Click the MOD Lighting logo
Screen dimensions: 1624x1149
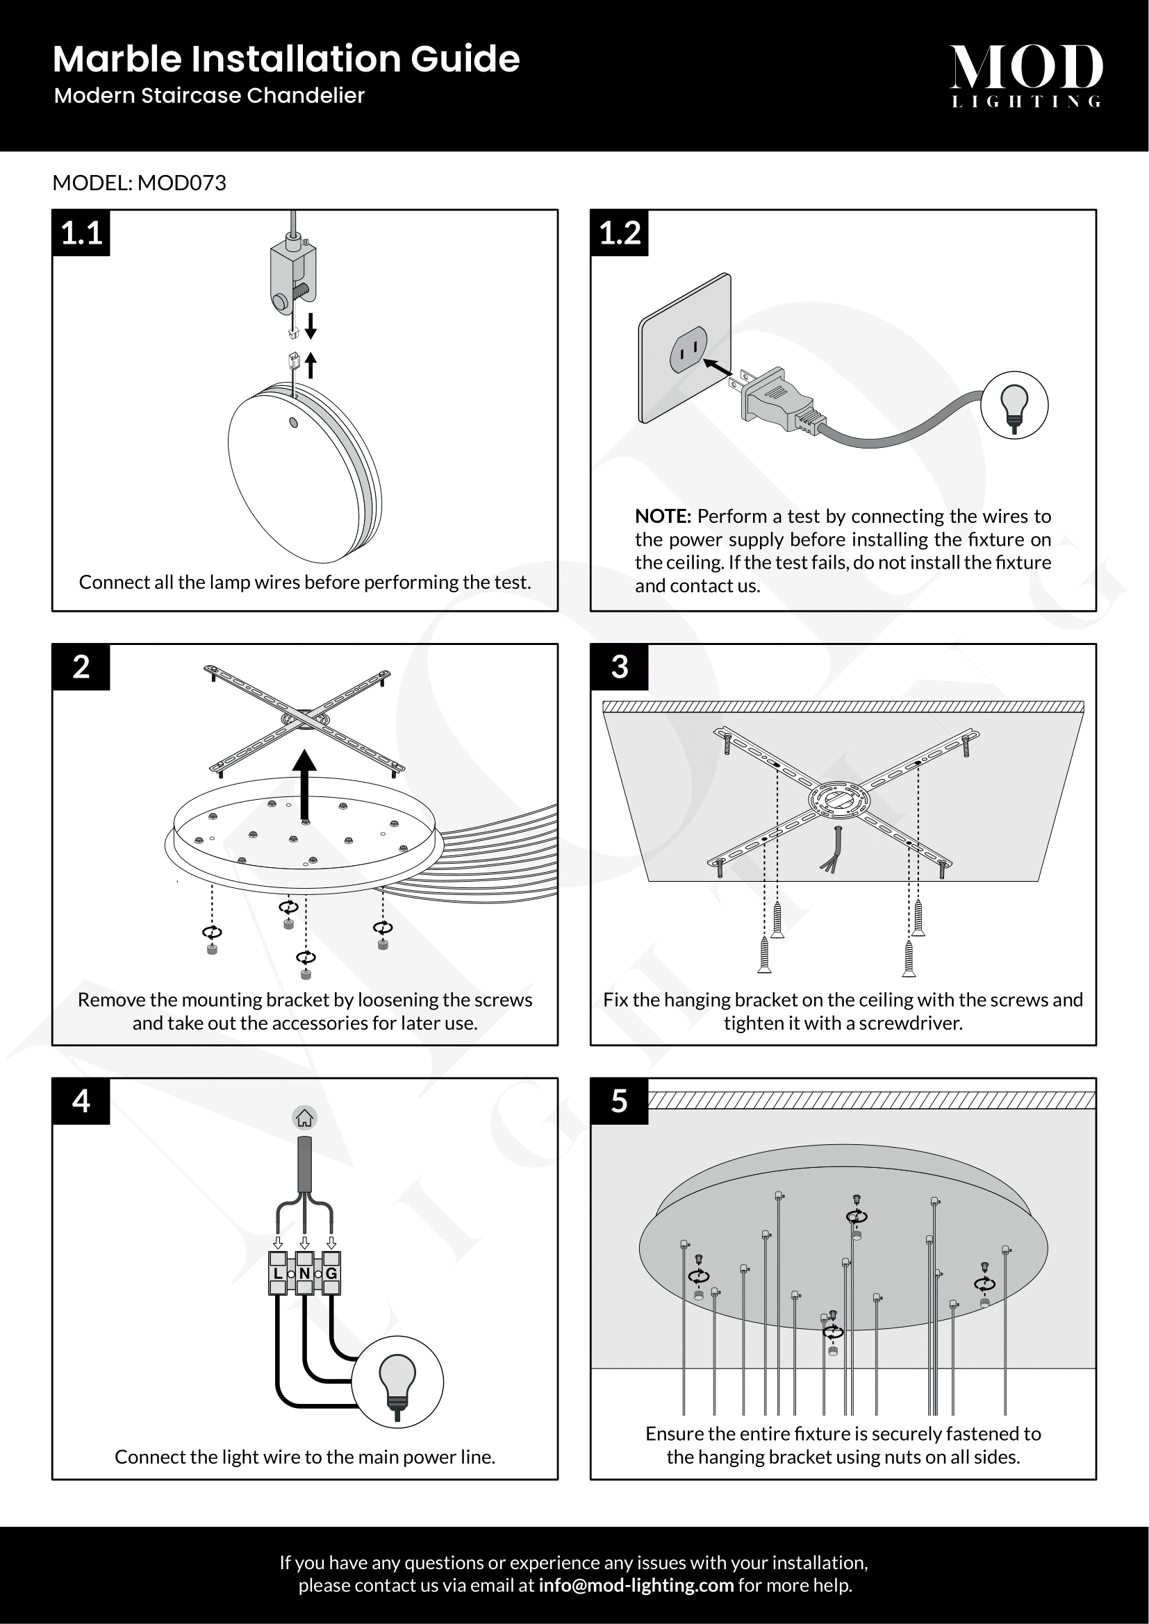tap(1025, 74)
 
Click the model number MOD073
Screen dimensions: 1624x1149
tap(182, 183)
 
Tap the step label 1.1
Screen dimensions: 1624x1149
tap(81, 233)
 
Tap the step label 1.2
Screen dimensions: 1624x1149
tap(619, 233)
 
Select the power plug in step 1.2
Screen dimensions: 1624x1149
tap(775, 404)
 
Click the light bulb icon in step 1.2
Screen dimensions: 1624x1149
tap(1014, 405)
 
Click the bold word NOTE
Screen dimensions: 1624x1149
tap(662, 516)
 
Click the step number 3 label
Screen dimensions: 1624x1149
tap(619, 667)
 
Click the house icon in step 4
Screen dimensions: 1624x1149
tap(304, 1118)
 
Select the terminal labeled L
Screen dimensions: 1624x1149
tap(277, 1273)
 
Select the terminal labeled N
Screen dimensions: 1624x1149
tap(304, 1273)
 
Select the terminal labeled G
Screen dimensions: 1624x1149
tap(331, 1273)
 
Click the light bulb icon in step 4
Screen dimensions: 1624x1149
tap(397, 1382)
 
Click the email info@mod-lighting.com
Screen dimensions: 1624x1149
tap(636, 1585)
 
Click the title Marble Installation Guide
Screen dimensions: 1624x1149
tap(286, 59)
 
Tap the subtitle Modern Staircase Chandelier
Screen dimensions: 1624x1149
tap(209, 96)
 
